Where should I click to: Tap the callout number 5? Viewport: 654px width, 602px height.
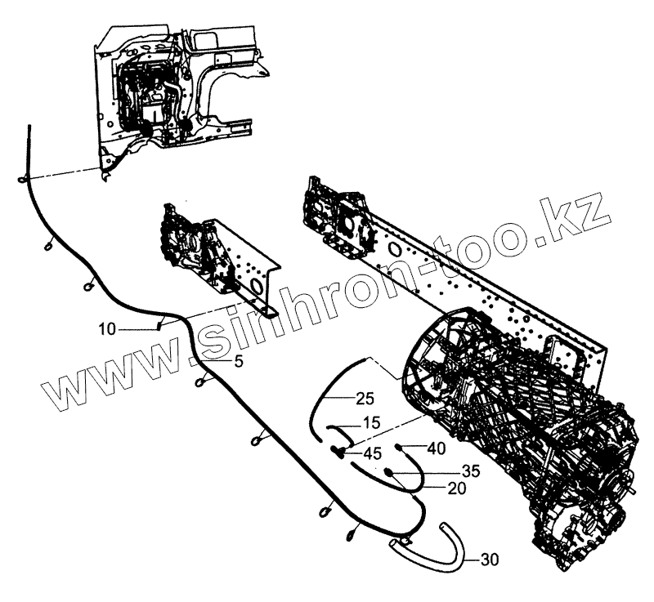pos(238,359)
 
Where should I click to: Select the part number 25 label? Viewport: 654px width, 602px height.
pos(365,399)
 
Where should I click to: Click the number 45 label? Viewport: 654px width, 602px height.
pos(372,453)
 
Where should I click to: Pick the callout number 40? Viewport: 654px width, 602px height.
pos(437,447)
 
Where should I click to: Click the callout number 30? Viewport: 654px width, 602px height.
pos(489,560)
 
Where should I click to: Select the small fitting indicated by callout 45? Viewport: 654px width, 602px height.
pos(337,450)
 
